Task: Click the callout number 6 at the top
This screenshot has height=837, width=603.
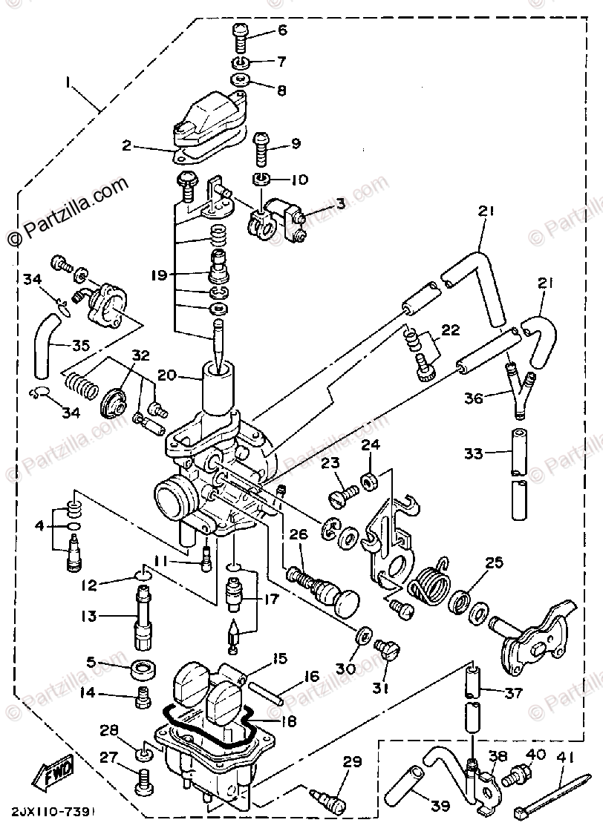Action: point(282,30)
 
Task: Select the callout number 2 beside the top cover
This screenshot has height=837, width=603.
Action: point(127,146)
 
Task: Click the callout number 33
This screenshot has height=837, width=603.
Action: point(473,453)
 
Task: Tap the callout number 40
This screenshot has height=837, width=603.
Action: point(535,755)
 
